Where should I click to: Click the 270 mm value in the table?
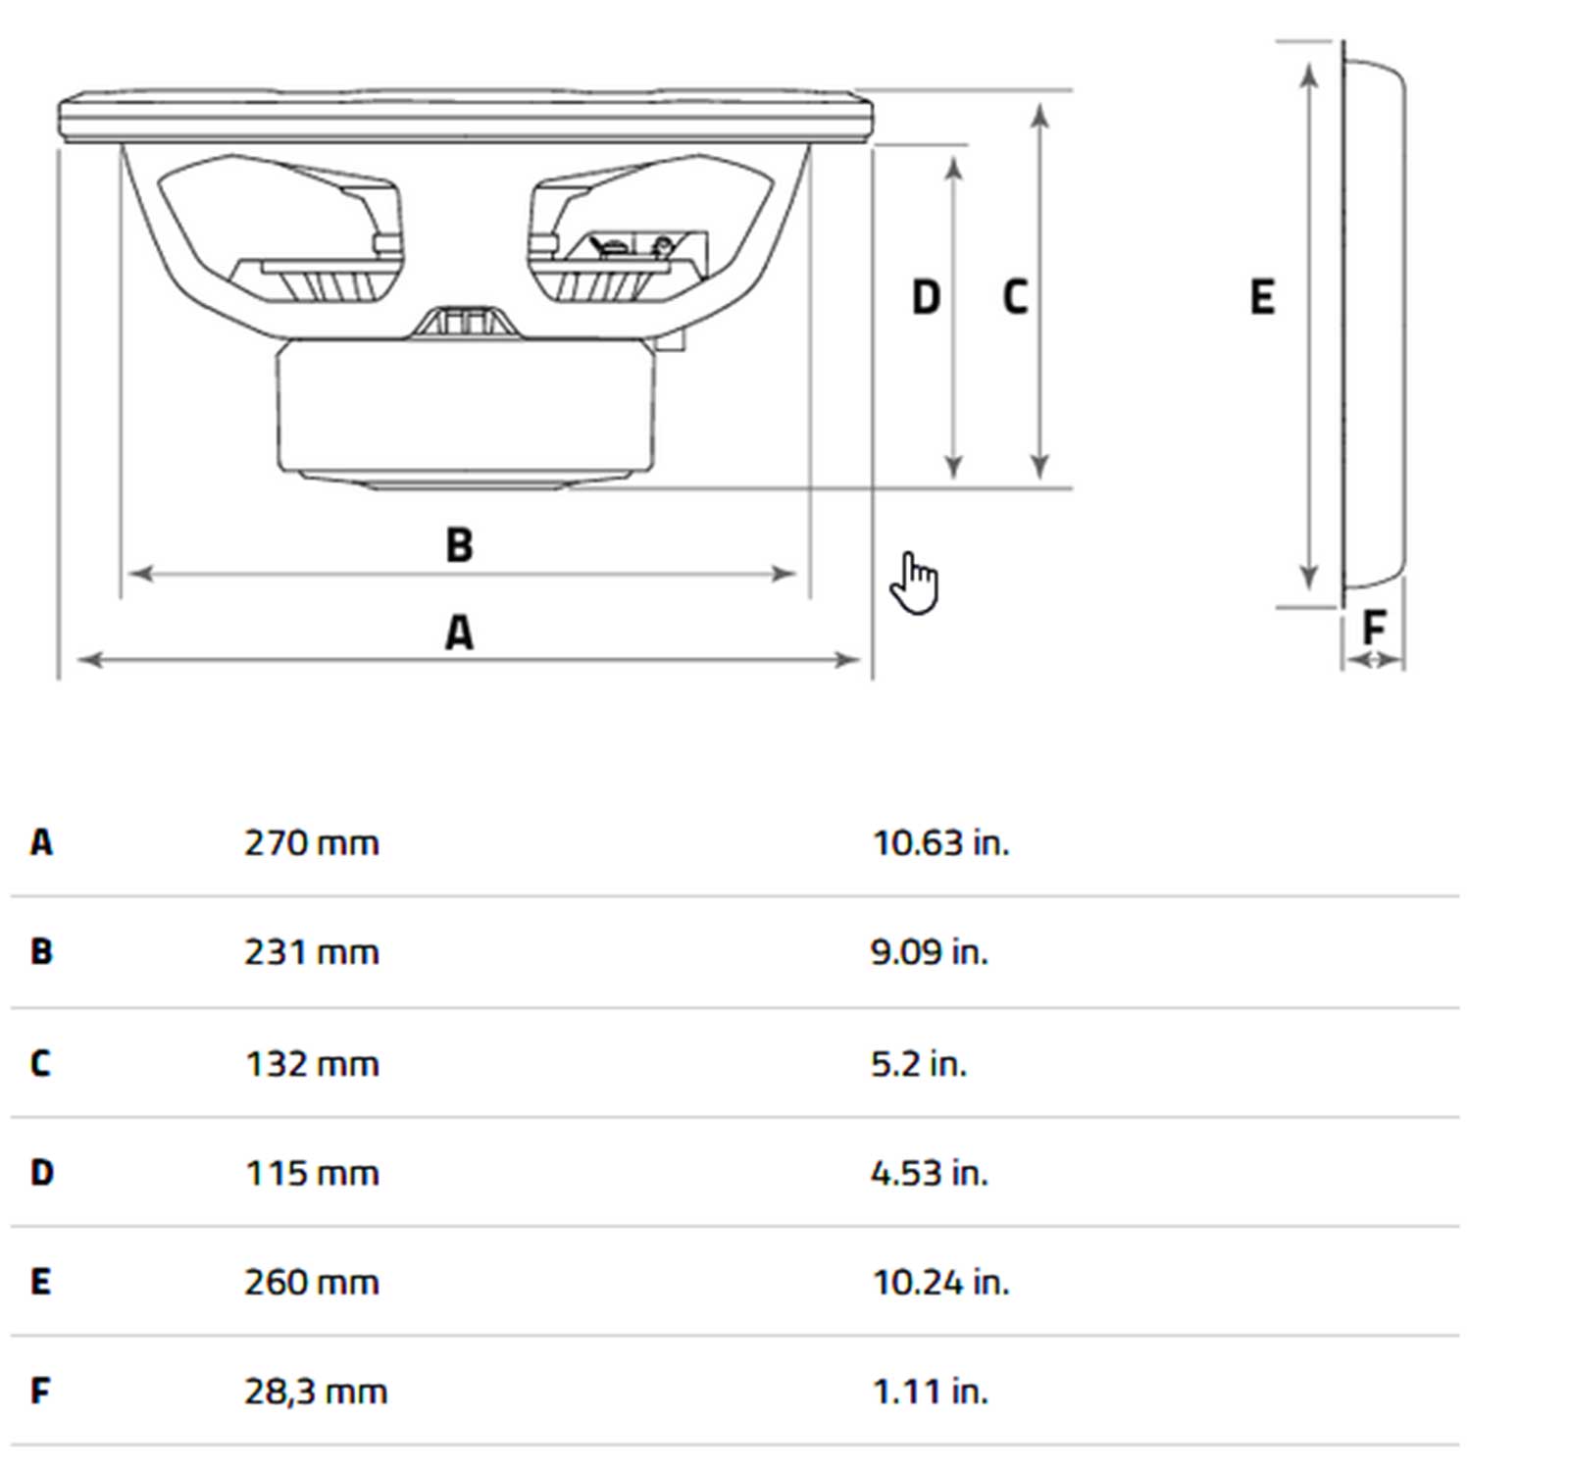point(311,843)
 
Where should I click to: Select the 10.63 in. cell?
point(940,843)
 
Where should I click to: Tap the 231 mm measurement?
point(311,952)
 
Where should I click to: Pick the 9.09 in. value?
point(929,952)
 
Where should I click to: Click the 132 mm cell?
point(311,1064)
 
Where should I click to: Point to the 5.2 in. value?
point(918,1064)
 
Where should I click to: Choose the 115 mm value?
point(311,1173)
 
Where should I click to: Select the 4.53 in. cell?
point(929,1173)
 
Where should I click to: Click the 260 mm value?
point(311,1283)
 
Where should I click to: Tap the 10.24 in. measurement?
point(940,1283)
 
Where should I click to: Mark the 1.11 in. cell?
point(930,1392)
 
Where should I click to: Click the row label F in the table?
point(39,1392)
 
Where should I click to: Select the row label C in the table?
point(40,1064)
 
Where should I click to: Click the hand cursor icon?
point(914,583)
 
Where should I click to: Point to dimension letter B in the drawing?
point(459,545)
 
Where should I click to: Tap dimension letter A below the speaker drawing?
point(459,633)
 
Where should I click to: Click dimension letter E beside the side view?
point(1262,297)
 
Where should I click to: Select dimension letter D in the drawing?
point(926,297)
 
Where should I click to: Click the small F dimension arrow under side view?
point(1373,661)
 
